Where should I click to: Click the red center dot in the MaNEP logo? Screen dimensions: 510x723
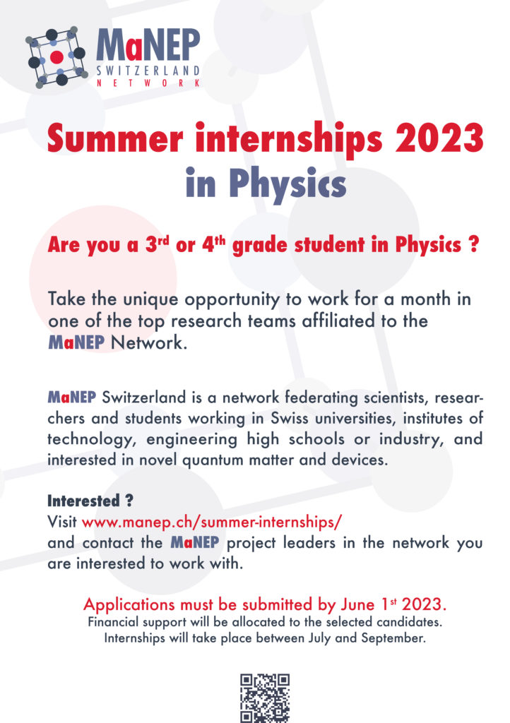[x=57, y=57]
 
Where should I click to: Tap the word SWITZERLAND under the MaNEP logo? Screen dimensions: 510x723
[x=148, y=71]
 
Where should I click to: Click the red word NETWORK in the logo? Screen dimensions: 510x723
[x=148, y=83]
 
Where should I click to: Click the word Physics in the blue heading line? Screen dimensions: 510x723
[x=287, y=183]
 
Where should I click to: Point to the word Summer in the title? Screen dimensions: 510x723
[x=115, y=138]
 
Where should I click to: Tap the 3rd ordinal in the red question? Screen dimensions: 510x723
[x=158, y=244]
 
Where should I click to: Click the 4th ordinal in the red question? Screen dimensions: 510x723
[x=213, y=244]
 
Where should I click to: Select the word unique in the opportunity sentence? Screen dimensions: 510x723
[x=150, y=299]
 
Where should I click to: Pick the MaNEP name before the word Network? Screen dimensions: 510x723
[x=76, y=342]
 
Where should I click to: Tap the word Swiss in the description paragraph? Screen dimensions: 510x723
[x=290, y=418]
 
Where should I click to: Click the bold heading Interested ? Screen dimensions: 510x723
[x=90, y=501]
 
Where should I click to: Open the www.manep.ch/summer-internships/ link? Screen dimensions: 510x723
[x=212, y=522]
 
